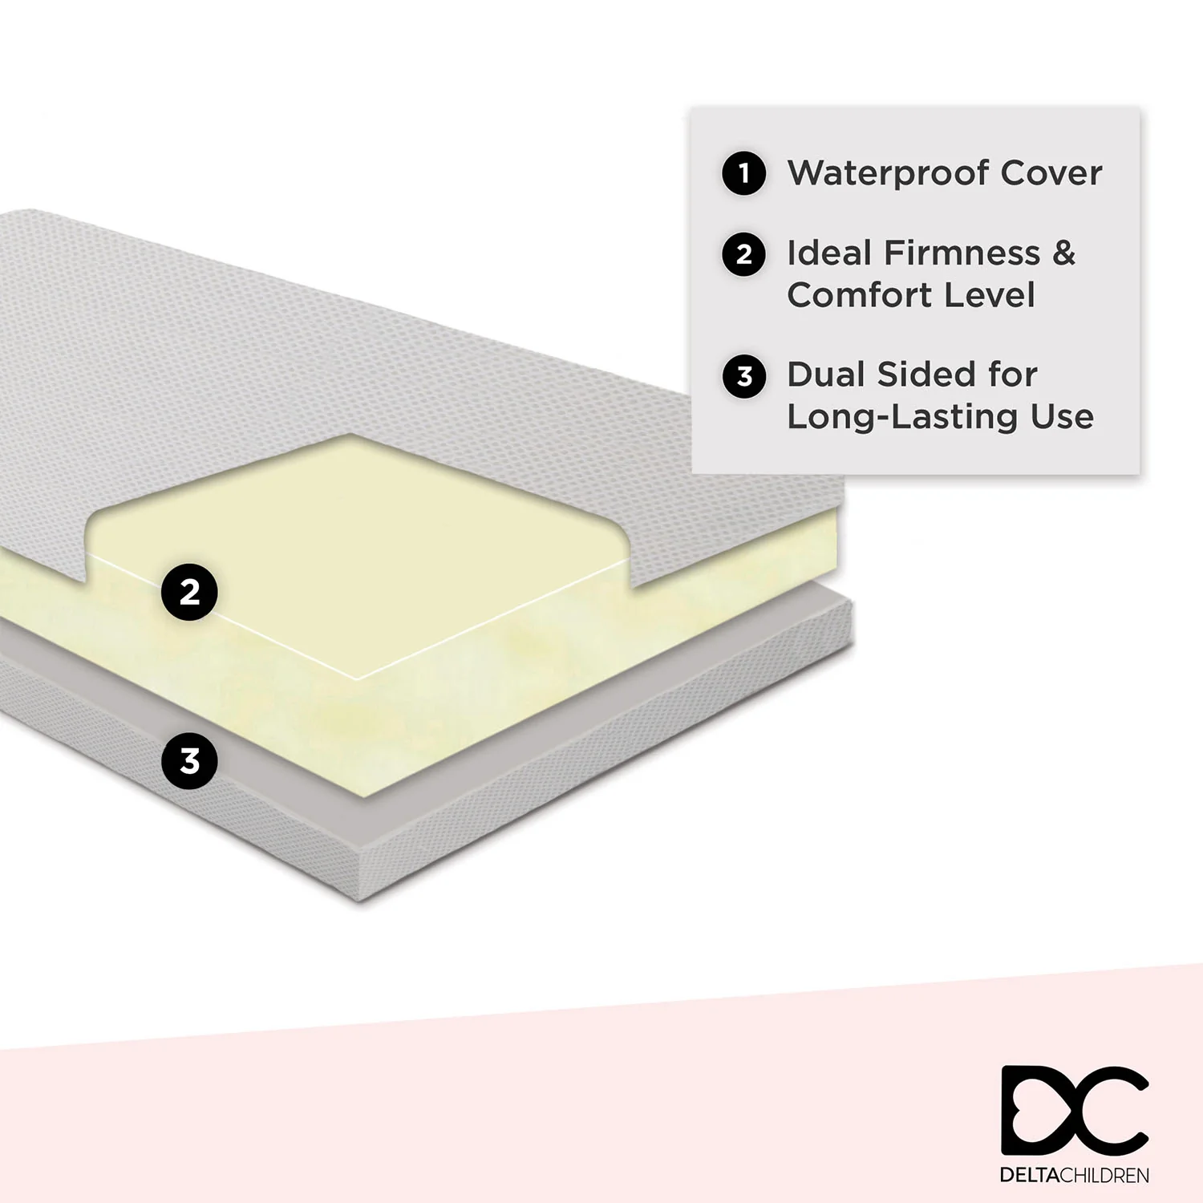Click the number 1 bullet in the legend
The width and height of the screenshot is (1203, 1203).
[744, 172]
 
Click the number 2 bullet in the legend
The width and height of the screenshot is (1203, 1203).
[744, 254]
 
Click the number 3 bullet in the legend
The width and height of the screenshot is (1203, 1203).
[744, 375]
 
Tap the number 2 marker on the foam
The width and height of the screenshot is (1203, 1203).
[189, 592]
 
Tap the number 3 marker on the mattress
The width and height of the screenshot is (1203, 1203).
[189, 760]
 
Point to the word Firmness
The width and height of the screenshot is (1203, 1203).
[962, 253]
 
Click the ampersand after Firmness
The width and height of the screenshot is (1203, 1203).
[1063, 253]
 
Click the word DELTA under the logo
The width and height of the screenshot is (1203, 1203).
[1030, 1176]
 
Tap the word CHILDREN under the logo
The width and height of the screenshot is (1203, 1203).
[1104, 1176]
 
